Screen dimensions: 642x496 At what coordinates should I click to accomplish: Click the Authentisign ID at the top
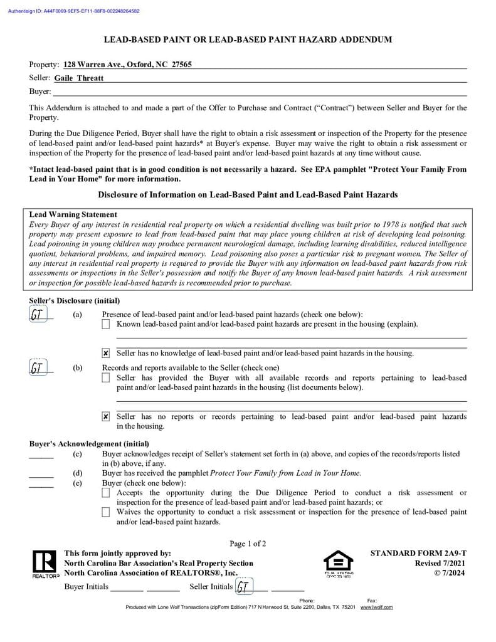tap(74, 11)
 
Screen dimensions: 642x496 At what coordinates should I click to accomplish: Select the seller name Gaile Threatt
tap(79, 78)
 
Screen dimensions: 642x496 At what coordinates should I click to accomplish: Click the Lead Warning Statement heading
tap(73, 214)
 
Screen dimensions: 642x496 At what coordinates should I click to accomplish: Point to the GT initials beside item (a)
tap(38, 315)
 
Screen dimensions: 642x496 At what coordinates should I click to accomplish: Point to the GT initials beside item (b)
tap(38, 368)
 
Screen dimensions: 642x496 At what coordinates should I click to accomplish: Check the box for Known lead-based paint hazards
tap(106, 324)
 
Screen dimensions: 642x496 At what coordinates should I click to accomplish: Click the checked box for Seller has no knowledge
tap(106, 354)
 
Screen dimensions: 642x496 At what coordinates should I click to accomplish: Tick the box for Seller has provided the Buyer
tap(106, 378)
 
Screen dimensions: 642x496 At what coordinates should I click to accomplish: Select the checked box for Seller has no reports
tap(106, 417)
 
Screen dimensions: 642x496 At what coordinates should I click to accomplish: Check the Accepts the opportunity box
tap(106, 493)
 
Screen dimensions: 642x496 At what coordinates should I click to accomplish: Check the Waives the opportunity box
tap(106, 512)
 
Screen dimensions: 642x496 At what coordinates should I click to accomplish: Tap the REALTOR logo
tap(45, 564)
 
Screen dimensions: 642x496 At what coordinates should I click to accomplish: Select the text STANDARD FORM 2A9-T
tap(418, 554)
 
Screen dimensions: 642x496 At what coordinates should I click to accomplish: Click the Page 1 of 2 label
tap(248, 544)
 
